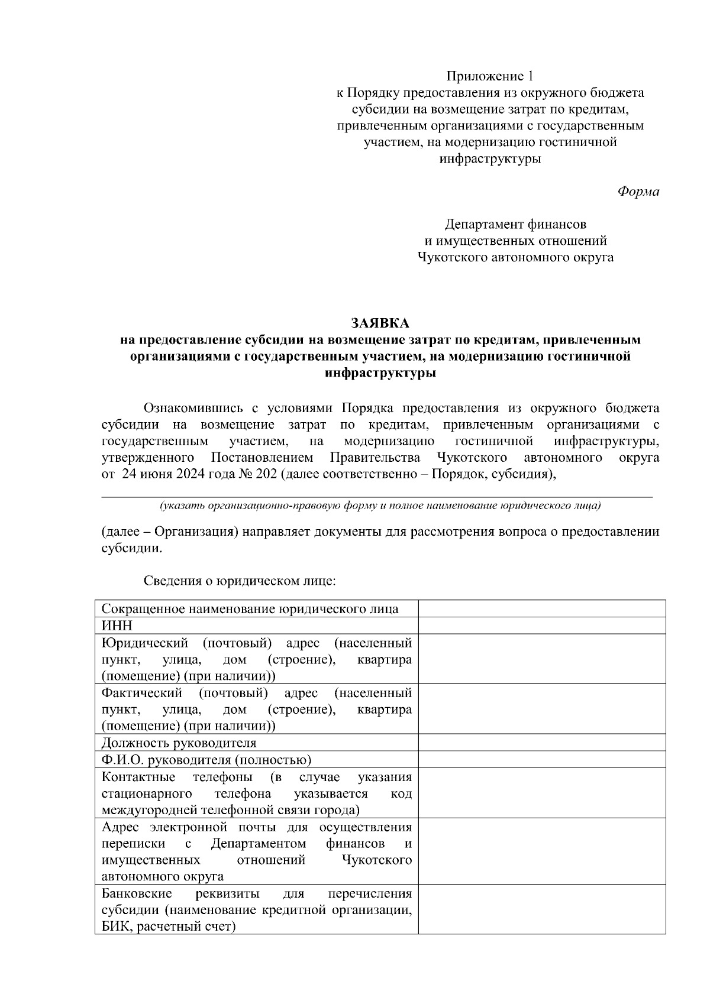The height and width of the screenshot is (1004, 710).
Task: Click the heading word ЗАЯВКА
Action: [380, 323]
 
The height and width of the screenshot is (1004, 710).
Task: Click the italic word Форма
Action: [638, 192]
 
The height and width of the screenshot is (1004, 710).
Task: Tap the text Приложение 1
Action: [490, 76]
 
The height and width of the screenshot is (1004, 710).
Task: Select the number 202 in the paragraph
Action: [266, 474]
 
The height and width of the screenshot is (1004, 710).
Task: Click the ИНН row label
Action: [117, 626]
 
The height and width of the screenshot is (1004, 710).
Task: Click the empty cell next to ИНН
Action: [542, 626]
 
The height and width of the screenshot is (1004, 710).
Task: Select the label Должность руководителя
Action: [179, 743]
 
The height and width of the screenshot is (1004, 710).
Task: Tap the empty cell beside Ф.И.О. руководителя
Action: [542, 760]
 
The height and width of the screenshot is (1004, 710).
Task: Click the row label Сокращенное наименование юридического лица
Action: [250, 609]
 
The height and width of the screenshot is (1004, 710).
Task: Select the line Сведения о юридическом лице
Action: [239, 581]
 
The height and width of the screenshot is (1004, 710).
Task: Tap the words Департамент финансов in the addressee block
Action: [515, 224]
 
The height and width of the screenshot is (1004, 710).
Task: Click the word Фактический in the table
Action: [142, 692]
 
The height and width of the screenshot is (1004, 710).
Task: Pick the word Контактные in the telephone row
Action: [138, 776]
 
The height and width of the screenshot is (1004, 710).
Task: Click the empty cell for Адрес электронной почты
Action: [542, 851]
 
